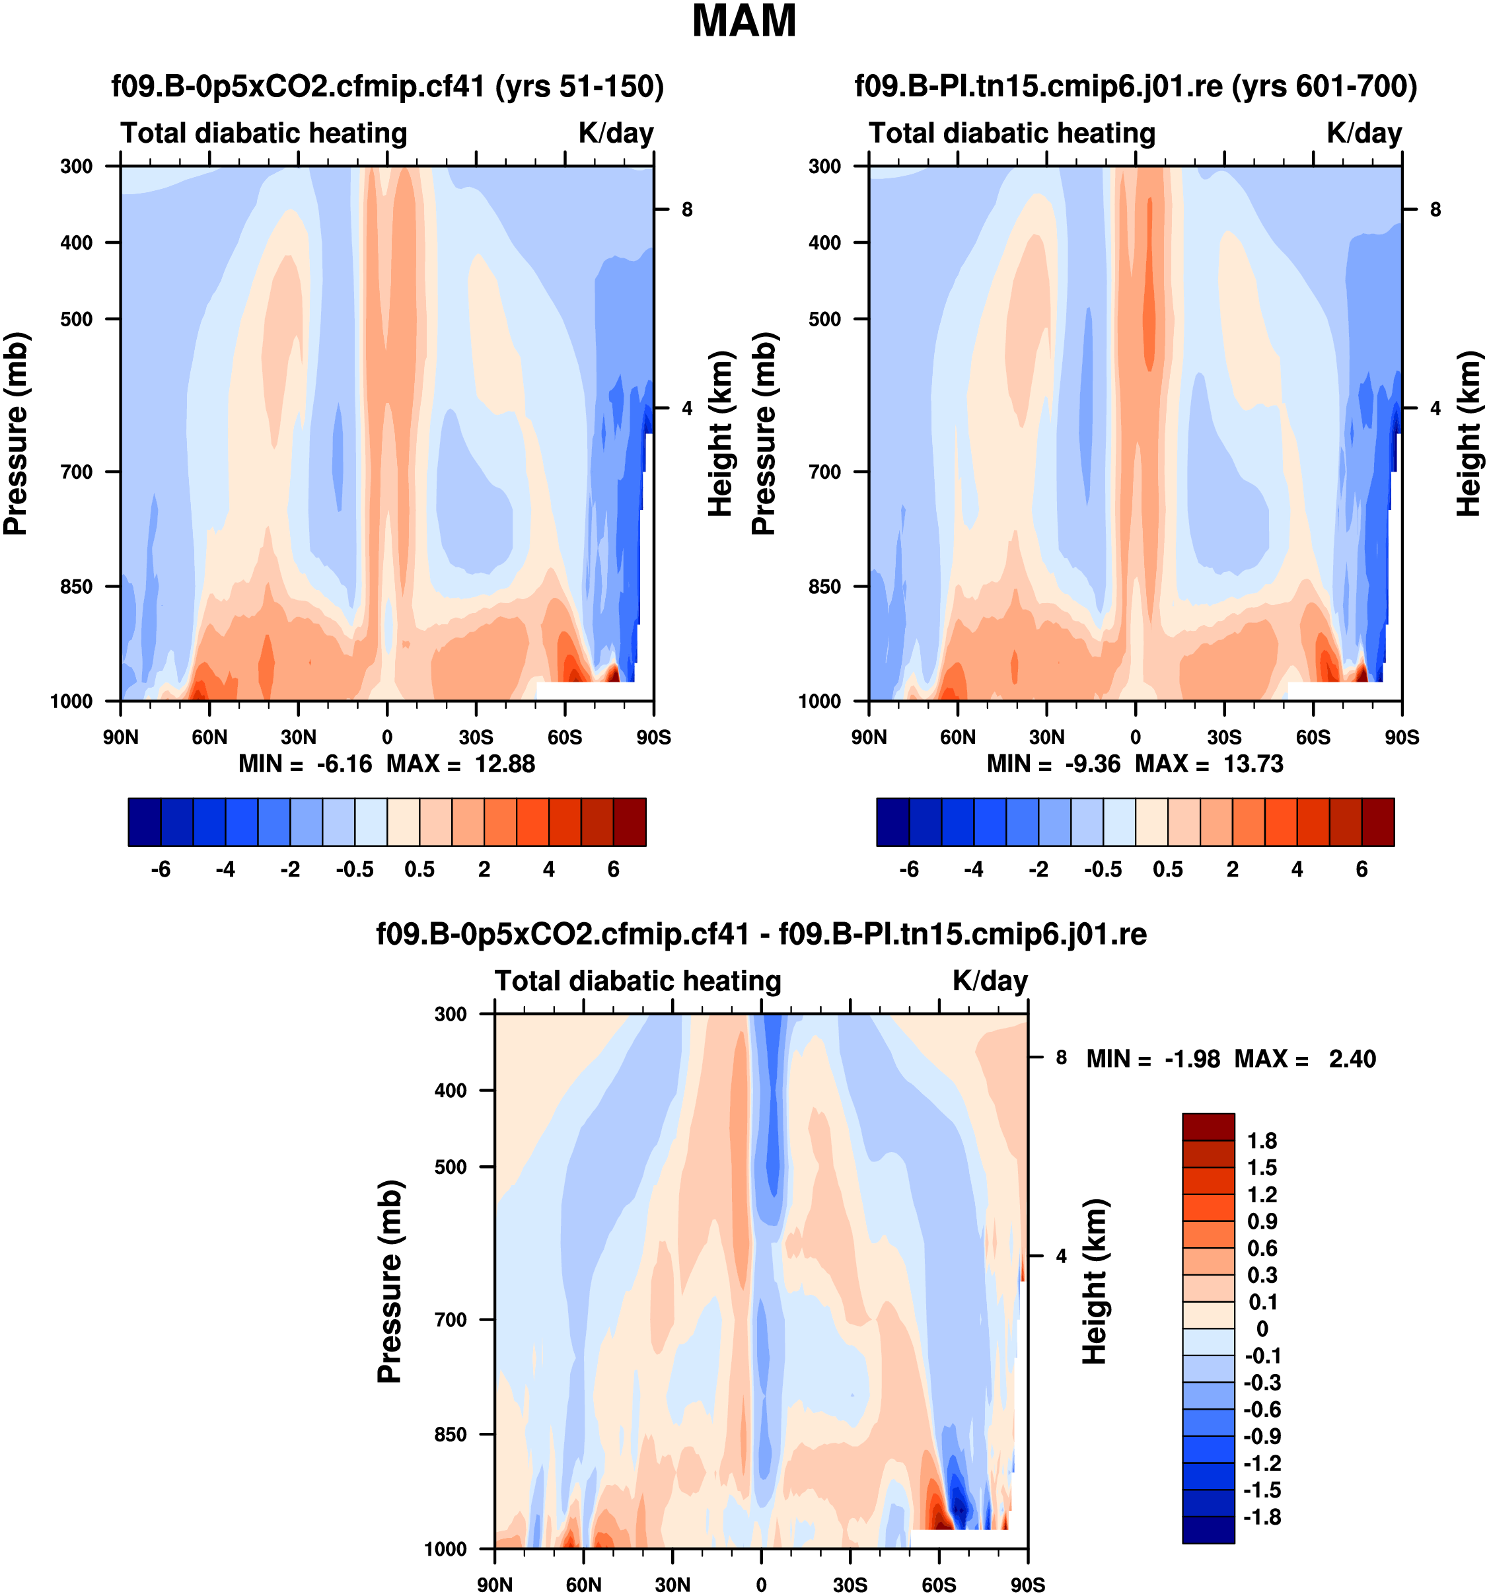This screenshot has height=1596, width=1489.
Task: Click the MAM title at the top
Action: coord(743,22)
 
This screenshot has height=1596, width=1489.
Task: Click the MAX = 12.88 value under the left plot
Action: coord(460,764)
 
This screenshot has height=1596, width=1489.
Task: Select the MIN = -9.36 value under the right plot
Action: coord(1053,764)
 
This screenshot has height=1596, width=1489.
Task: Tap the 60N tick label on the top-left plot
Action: coord(209,737)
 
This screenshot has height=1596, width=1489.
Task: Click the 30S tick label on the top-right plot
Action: coord(1224,737)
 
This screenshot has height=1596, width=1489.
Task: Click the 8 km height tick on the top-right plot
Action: coord(1435,209)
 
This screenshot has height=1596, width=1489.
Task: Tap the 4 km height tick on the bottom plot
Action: coord(1061,1256)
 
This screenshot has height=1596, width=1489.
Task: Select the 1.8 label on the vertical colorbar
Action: coord(1261,1141)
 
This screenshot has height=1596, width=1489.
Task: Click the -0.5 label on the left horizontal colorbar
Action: coord(355,869)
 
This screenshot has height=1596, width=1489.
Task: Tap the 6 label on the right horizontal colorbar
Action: coord(1362,869)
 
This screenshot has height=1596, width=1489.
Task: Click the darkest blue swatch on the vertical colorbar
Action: coord(1208,1529)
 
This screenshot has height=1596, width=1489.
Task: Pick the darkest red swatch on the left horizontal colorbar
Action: coord(630,822)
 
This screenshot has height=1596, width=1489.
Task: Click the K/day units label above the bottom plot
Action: coord(990,981)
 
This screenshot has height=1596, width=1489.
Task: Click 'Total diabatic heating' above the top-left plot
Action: coord(264,133)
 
